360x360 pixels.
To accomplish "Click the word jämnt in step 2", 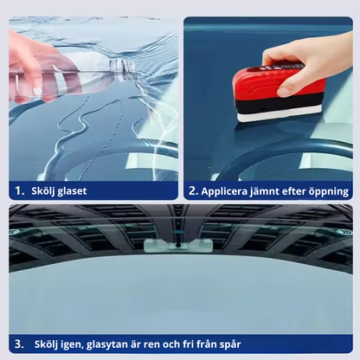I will point(280,191).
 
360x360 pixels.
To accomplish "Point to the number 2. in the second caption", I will point(195,191).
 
